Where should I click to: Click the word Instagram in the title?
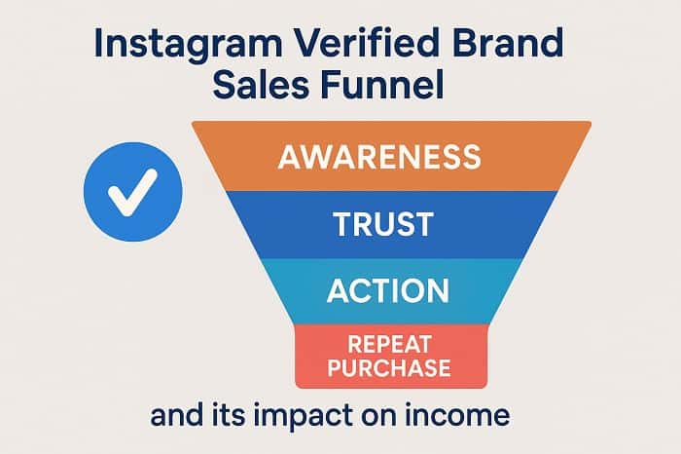[x=188, y=45]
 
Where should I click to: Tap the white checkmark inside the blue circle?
[x=132, y=192]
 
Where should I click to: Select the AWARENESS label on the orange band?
[x=379, y=157]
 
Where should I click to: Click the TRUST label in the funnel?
[x=384, y=224]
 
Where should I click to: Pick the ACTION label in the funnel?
[x=388, y=291]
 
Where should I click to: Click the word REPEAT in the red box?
[x=389, y=345]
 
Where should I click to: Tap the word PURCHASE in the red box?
[x=389, y=368]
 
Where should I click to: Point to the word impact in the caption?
[x=303, y=417]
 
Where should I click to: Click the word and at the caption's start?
[x=177, y=415]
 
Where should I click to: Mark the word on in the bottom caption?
[x=377, y=418]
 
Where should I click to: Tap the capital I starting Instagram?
[x=97, y=43]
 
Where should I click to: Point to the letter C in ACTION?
[x=363, y=291]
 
